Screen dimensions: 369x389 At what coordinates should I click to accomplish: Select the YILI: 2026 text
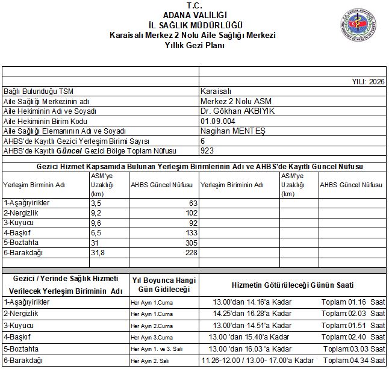368,81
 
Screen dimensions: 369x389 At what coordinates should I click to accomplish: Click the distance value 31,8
98,252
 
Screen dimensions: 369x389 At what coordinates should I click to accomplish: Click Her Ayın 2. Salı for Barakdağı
150,360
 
